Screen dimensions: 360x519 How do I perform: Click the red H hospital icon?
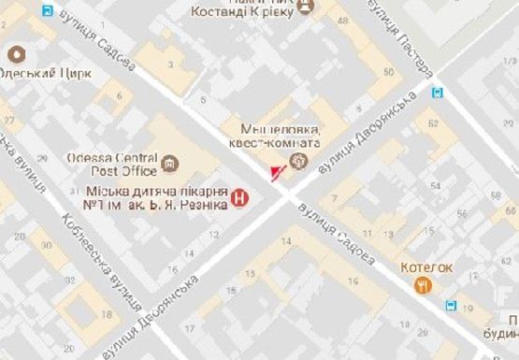click(240, 197)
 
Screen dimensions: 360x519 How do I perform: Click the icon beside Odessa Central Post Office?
click(169, 166)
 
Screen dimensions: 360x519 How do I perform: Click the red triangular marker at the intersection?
click(274, 174)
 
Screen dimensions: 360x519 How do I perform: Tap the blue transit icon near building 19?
click(453, 306)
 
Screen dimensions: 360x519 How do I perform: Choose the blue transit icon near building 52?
click(439, 92)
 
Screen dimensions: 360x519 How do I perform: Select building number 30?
click(44, 245)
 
